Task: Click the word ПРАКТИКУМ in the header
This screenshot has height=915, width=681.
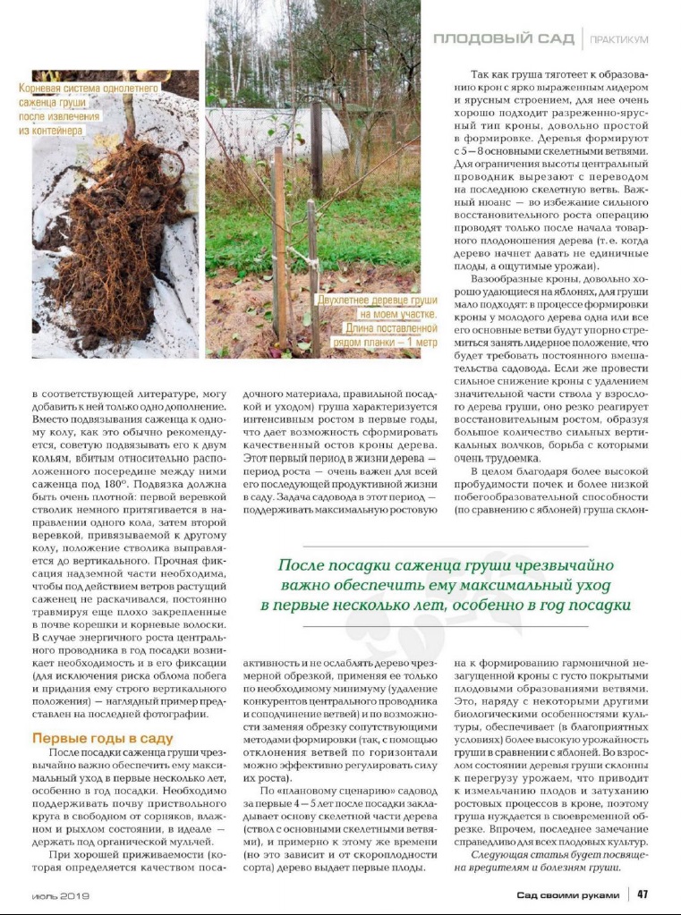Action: pyautogui.click(x=618, y=39)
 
